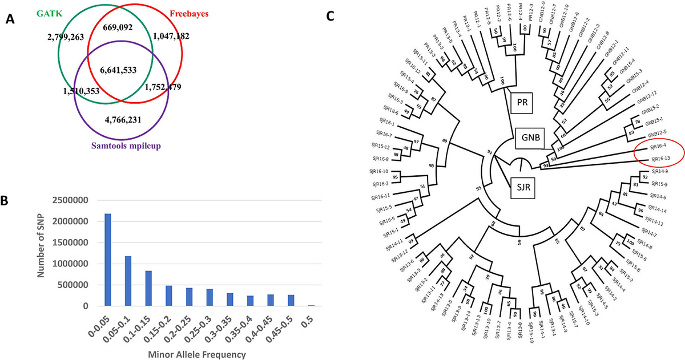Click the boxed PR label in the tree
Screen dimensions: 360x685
(522, 102)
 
